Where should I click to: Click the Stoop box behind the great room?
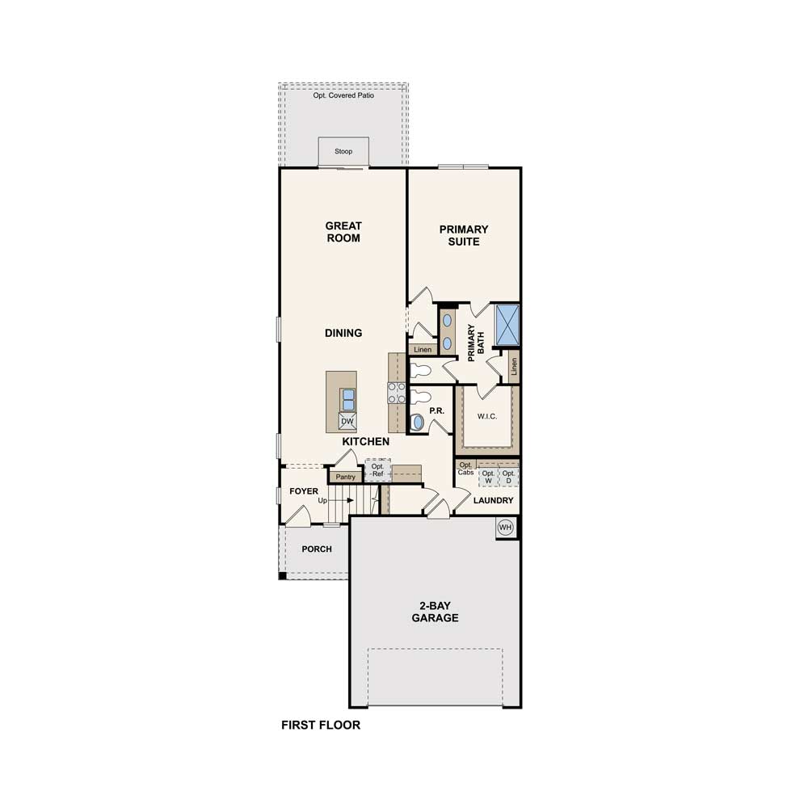[x=343, y=151]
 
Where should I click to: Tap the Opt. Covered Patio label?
[x=343, y=95]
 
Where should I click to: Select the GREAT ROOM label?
[x=343, y=232]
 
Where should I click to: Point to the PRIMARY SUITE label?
[x=464, y=235]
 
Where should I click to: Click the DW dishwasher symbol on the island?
[x=347, y=421]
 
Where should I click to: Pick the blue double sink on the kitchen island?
[x=348, y=400]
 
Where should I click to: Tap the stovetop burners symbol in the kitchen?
[x=396, y=393]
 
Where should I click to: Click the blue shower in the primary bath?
[x=507, y=325]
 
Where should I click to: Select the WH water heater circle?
[x=506, y=528]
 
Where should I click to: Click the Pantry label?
[x=345, y=478]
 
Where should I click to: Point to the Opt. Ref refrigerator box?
[x=377, y=470]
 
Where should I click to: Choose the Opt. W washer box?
[x=488, y=478]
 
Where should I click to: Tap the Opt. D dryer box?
[x=508, y=478]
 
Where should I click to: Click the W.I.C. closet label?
[x=487, y=416]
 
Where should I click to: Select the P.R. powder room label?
[x=436, y=410]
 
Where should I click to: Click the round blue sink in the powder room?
[x=417, y=423]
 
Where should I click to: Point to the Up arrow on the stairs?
[x=343, y=500]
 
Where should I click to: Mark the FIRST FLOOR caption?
[x=321, y=725]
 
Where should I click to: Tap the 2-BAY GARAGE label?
[x=435, y=612]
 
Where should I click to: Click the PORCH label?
[x=317, y=549]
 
